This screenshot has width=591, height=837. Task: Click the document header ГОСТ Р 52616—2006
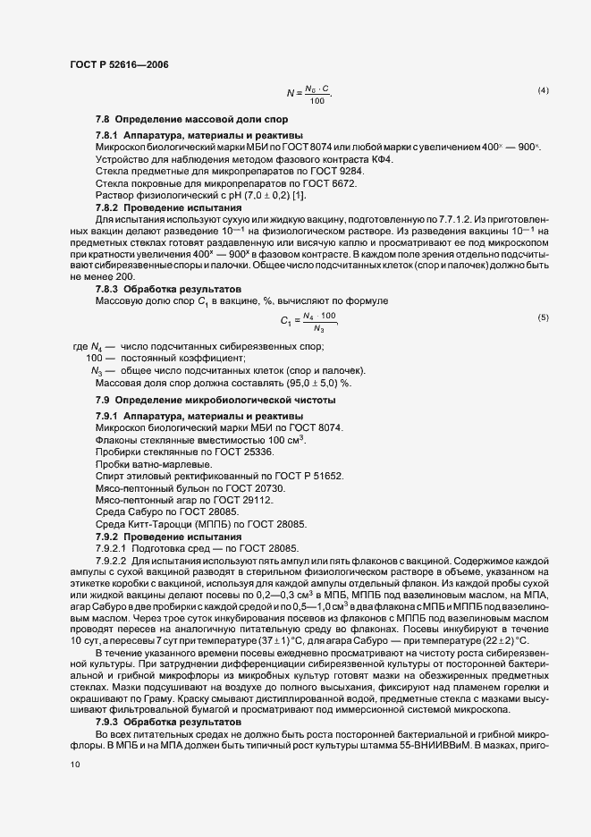118,64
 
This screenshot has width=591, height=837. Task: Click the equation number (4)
543,91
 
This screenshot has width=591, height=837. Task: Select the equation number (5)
543,318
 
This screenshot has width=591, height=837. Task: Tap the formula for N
309,93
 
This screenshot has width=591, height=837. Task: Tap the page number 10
74,765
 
